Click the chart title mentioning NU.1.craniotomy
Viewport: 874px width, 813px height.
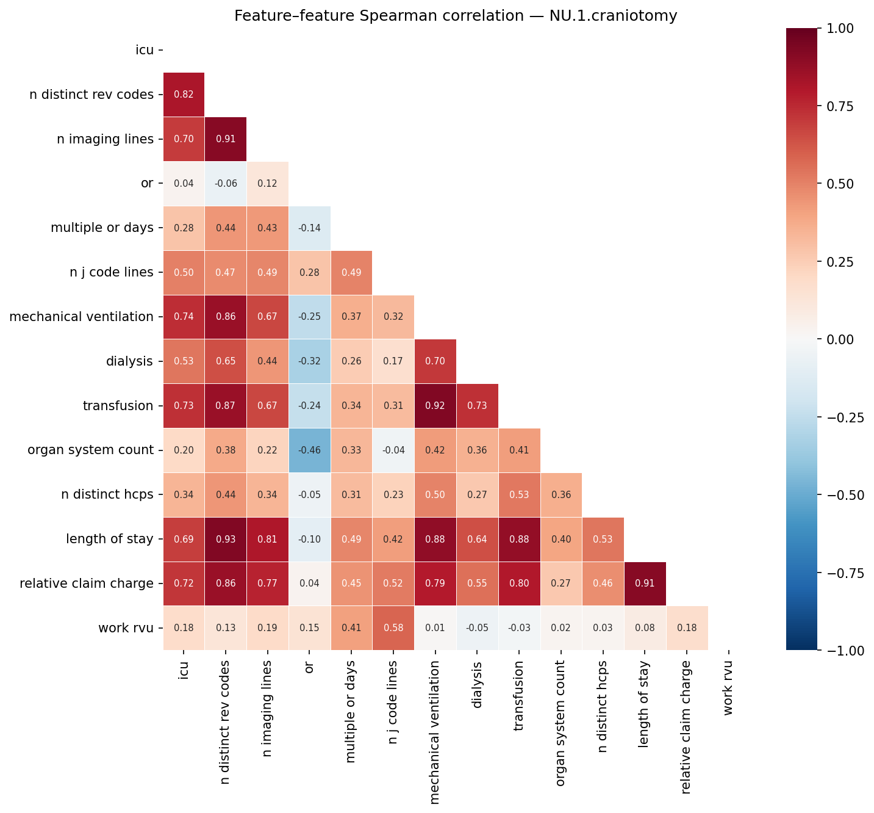point(456,16)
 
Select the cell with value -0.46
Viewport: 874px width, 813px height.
point(309,450)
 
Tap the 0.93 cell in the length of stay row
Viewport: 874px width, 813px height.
point(226,539)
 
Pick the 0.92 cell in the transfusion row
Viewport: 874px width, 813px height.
point(435,406)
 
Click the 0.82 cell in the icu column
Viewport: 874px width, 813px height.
point(184,95)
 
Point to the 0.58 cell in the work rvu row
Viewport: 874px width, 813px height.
point(393,628)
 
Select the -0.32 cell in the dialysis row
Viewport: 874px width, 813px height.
point(309,361)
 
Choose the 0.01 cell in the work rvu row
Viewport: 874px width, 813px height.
point(435,628)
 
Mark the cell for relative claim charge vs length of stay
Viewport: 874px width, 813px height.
point(645,584)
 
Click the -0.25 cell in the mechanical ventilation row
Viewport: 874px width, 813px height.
point(309,317)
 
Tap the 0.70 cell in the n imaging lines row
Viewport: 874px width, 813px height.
point(184,139)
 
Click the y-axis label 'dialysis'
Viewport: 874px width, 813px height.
point(129,361)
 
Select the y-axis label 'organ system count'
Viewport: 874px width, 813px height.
point(90,450)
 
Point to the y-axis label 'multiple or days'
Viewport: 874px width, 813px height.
point(102,228)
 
